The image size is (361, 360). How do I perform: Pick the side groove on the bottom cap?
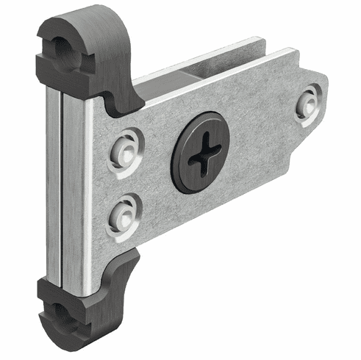click(43, 309)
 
